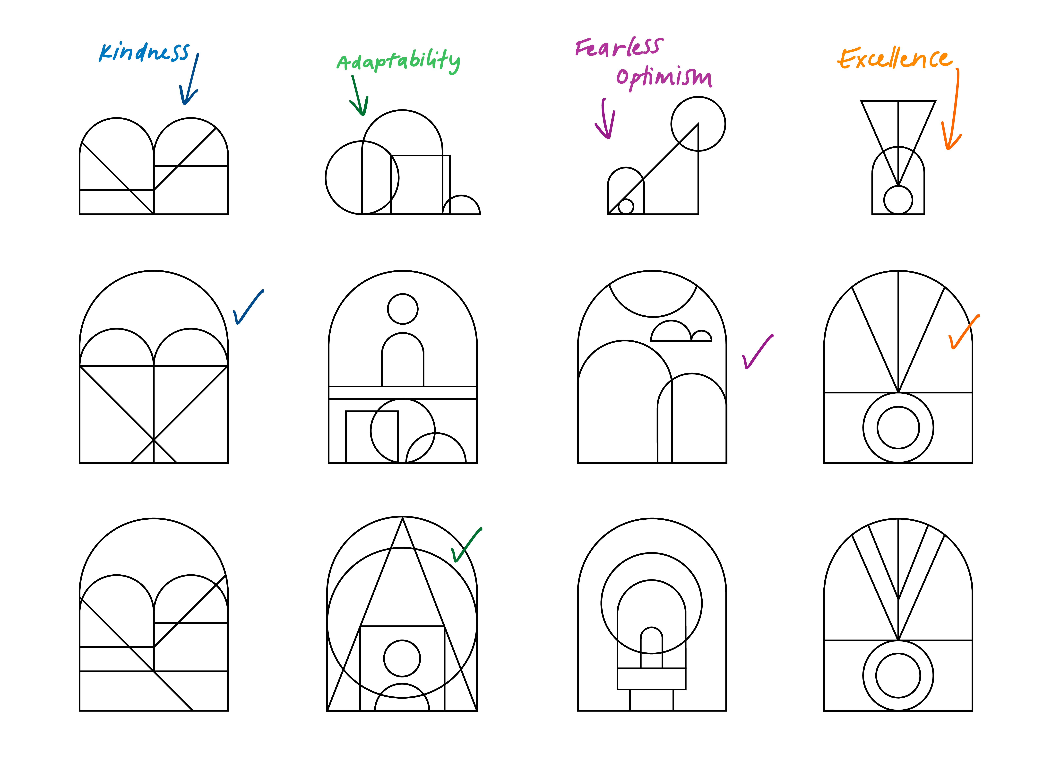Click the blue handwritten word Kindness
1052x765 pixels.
click(x=144, y=52)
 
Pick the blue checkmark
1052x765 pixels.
click(x=247, y=308)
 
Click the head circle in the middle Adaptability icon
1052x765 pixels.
click(x=403, y=309)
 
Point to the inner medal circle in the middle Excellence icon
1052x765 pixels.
click(x=898, y=427)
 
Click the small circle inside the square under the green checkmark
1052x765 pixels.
click(x=402, y=658)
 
